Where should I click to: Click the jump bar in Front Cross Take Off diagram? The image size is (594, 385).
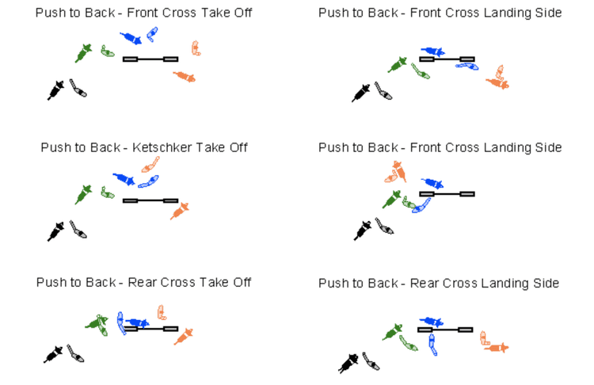(150, 59)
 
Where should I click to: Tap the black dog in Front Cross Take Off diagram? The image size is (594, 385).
(55, 90)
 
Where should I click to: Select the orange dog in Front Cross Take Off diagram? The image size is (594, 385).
(185, 76)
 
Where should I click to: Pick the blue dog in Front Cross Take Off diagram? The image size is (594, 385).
(131, 38)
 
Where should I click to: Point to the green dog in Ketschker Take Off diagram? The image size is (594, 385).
(83, 193)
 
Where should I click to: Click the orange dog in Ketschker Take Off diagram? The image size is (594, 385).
(181, 210)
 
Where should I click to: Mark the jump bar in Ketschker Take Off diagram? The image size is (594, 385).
(150, 200)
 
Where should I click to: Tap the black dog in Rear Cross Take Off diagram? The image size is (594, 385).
(54, 353)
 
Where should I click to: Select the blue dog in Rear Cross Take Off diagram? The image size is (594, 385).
(136, 322)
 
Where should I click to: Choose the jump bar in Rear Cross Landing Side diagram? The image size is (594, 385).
(445, 329)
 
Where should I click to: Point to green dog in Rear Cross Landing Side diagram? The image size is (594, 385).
(393, 331)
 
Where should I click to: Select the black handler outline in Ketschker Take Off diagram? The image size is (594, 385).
(78, 229)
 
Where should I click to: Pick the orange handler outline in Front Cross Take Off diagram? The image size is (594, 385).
(195, 48)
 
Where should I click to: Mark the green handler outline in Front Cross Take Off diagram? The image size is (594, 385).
(107, 51)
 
